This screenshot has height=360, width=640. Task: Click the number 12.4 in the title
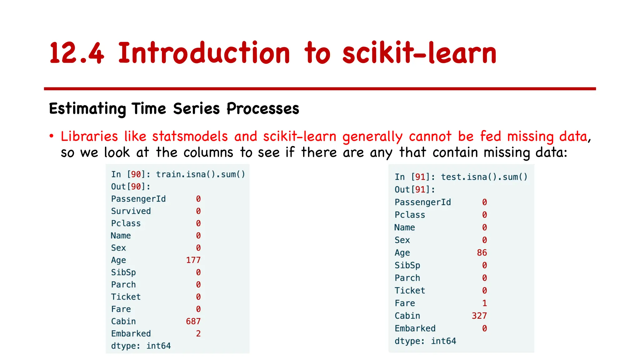77,53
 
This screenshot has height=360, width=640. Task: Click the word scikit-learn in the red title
419,53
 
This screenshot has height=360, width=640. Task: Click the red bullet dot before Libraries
52,136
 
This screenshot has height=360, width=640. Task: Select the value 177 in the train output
193,260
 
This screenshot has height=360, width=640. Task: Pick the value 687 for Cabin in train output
193,321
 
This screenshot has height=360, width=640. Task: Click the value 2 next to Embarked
198,333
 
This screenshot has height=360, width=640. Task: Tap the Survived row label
131,211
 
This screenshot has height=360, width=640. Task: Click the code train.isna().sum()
200,174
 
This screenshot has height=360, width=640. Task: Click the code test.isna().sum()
484,177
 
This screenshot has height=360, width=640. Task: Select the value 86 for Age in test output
482,252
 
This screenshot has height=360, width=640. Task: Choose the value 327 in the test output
479,316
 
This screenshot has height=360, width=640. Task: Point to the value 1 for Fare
484,303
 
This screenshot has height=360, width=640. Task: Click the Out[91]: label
415,190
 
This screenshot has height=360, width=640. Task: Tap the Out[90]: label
131,187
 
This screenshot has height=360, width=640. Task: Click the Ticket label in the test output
410,291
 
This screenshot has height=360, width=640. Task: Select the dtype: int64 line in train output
141,346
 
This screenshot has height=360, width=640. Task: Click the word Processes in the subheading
263,109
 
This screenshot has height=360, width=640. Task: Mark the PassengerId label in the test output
422,202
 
